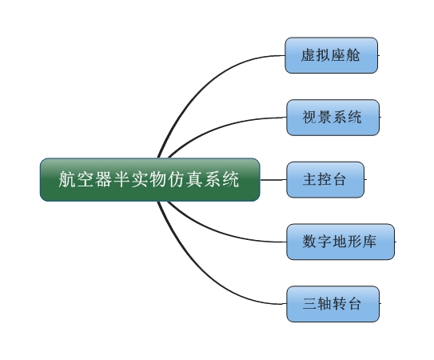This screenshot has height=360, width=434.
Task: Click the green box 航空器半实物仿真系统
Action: pos(149,179)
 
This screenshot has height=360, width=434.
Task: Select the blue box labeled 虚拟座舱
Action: pos(332,55)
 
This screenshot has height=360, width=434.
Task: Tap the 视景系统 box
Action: pos(332,118)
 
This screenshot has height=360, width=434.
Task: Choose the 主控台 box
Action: pos(325,179)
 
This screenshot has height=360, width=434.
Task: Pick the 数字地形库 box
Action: pos(340,242)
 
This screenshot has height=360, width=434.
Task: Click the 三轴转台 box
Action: pos(332,304)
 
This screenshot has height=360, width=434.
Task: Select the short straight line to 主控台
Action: pos(273,180)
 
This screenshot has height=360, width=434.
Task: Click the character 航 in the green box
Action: pos(67,179)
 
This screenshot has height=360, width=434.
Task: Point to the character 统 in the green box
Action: pos(230,179)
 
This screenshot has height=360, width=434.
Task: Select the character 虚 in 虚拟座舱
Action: pos(309,55)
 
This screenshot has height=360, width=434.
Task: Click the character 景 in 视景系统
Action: pos(325,117)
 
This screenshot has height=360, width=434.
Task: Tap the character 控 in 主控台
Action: pos(325,179)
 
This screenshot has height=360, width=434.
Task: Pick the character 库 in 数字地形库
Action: pos(369,242)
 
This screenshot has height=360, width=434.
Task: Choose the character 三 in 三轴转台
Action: pos(310,304)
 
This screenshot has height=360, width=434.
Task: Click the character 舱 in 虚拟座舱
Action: pos(353,55)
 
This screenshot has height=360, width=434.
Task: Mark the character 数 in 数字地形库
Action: pos(309,242)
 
